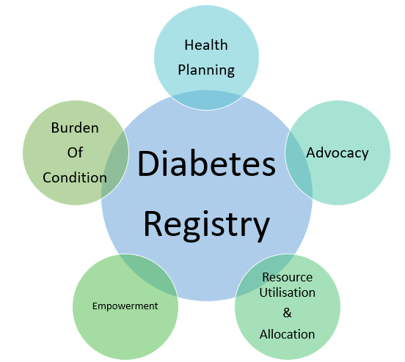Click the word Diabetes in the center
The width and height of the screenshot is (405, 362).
pyautogui.click(x=207, y=163)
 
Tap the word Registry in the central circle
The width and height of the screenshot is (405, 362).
pyautogui.click(x=207, y=225)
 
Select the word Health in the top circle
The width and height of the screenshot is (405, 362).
pyautogui.click(x=206, y=45)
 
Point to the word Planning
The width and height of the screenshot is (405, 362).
pyautogui.click(x=206, y=70)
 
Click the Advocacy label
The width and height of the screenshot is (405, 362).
pyautogui.click(x=337, y=153)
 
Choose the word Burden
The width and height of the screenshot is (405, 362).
pyautogui.click(x=75, y=128)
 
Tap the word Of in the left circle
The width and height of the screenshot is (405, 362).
pyautogui.click(x=75, y=152)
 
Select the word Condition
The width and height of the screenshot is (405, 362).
pyautogui.click(x=75, y=177)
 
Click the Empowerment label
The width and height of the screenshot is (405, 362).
pyautogui.click(x=125, y=306)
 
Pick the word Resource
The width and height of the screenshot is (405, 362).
pyautogui.click(x=288, y=278)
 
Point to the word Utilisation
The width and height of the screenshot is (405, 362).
pyautogui.click(x=287, y=292)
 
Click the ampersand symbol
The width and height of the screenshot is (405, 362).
pyautogui.click(x=287, y=313)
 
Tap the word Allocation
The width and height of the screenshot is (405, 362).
pyautogui.click(x=287, y=334)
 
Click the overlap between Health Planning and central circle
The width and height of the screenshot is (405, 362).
pyautogui.click(x=207, y=100)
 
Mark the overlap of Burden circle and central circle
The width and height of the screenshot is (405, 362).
pyautogui.click(x=116, y=165)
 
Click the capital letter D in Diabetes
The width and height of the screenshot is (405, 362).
pyautogui.click(x=147, y=163)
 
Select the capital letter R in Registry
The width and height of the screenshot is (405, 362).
pyautogui.click(x=153, y=224)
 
